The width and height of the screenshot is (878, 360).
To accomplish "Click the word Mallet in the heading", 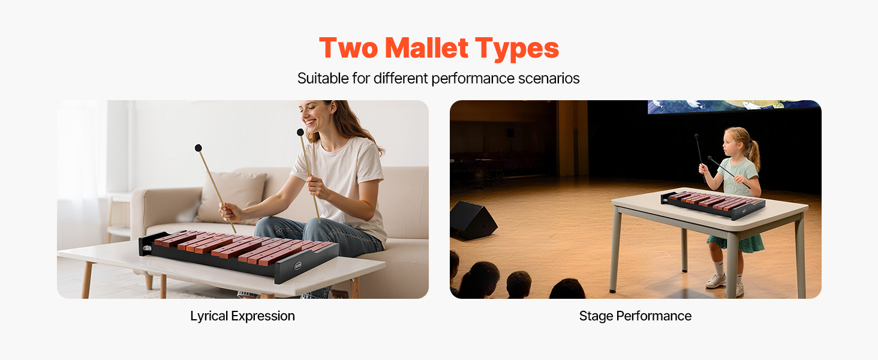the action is point(426,48).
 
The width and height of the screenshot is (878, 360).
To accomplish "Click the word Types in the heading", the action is point(517,49).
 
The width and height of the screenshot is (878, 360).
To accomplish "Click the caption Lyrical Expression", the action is point(242,316).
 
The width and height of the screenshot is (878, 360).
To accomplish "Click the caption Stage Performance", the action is point(635,316).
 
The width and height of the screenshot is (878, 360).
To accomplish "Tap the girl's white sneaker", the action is point(716,281).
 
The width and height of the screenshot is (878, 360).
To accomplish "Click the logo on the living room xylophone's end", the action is point(297,266).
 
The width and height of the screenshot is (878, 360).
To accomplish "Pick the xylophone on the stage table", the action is point(713,203).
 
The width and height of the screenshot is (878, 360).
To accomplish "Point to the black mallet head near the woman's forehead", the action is point(300,132).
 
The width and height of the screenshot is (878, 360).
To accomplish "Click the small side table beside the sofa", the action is point(118,215).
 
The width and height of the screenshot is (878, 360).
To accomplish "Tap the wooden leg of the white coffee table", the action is point(86,280).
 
